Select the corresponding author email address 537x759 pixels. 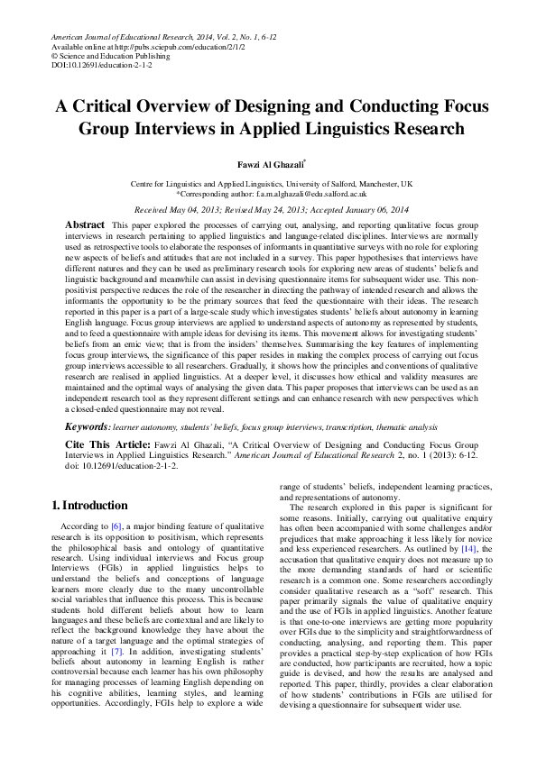pos(308,193)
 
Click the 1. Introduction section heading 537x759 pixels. pos(89,505)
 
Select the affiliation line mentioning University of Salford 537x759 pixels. pos(272,183)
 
